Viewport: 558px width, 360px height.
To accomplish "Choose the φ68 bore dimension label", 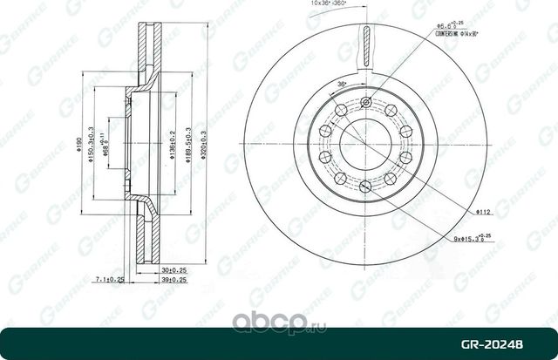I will coord(103,144).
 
